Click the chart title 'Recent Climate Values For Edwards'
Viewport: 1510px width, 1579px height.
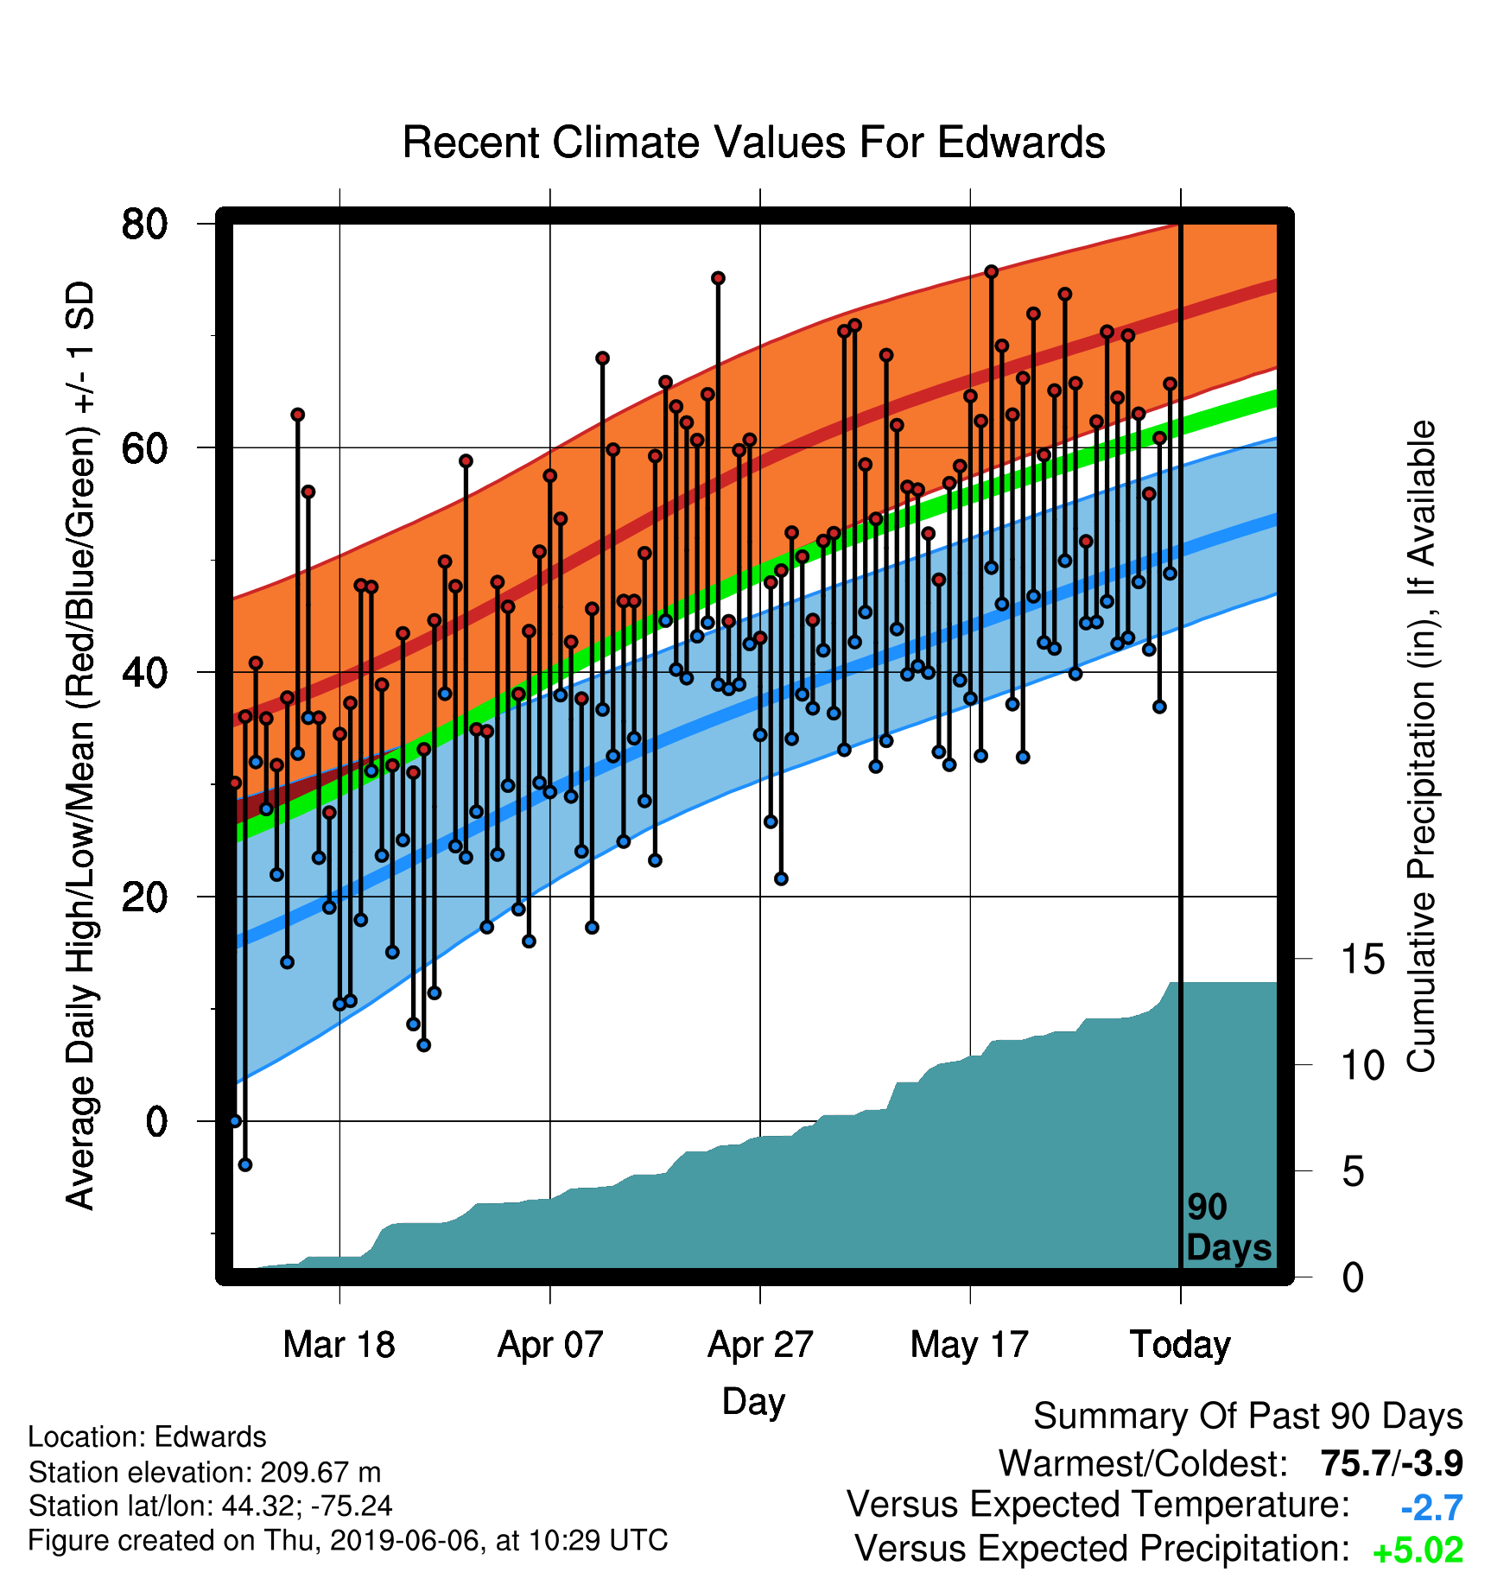coord(753,143)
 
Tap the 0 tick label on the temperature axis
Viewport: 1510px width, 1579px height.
coord(157,1121)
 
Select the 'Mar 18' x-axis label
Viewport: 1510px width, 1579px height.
coord(339,1345)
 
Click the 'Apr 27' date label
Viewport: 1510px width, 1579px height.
coord(760,1345)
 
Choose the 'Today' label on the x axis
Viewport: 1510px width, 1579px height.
coord(1180,1345)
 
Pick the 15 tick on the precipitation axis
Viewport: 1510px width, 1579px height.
coord(1362,959)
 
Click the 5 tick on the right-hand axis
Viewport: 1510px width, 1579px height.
coord(1353,1171)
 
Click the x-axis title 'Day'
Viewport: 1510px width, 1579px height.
coord(753,1402)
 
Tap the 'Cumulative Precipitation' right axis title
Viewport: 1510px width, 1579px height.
coord(1421,746)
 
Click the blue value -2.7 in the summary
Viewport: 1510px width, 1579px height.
coord(1431,1508)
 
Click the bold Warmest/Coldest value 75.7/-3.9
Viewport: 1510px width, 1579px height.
coord(1392,1463)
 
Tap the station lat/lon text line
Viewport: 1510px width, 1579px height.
coord(210,1506)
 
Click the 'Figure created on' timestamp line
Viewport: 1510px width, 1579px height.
coord(348,1541)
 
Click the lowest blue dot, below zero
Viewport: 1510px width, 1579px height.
coord(245,1164)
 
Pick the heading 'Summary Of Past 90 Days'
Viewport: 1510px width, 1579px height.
coord(1248,1417)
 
